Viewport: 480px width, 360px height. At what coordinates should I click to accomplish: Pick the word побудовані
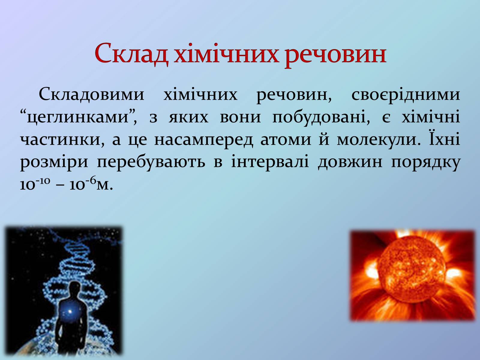pyautogui.click(x=321, y=116)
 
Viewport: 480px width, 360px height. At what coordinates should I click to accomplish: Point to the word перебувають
pyautogui.click(x=151, y=162)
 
